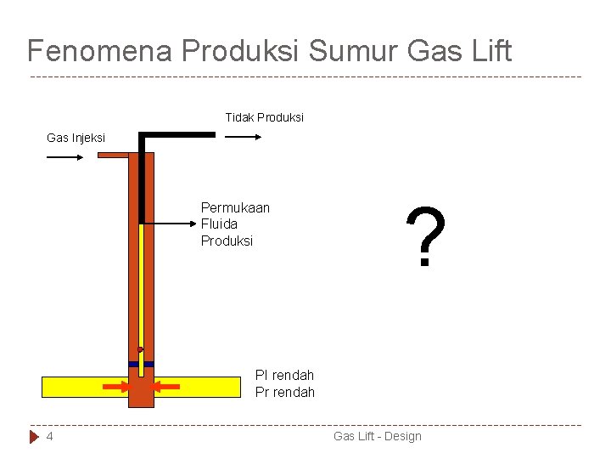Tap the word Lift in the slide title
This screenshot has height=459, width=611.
[x=490, y=51]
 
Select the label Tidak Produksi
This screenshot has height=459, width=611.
[x=264, y=117]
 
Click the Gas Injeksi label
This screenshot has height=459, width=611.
[x=76, y=137]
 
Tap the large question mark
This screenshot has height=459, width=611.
[x=424, y=238]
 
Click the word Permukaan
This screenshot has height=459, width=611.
[x=235, y=207]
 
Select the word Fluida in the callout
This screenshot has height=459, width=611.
[x=219, y=224]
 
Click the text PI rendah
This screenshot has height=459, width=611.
[x=284, y=375]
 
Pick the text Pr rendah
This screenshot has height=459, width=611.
[x=284, y=392]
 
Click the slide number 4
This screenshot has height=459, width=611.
[x=50, y=436]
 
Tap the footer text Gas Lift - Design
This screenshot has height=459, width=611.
[x=377, y=436]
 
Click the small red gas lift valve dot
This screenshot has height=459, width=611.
[x=140, y=349]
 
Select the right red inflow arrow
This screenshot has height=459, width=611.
[x=167, y=387]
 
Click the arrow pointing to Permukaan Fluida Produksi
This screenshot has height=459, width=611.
[x=170, y=224]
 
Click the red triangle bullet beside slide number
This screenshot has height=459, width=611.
[x=34, y=436]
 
